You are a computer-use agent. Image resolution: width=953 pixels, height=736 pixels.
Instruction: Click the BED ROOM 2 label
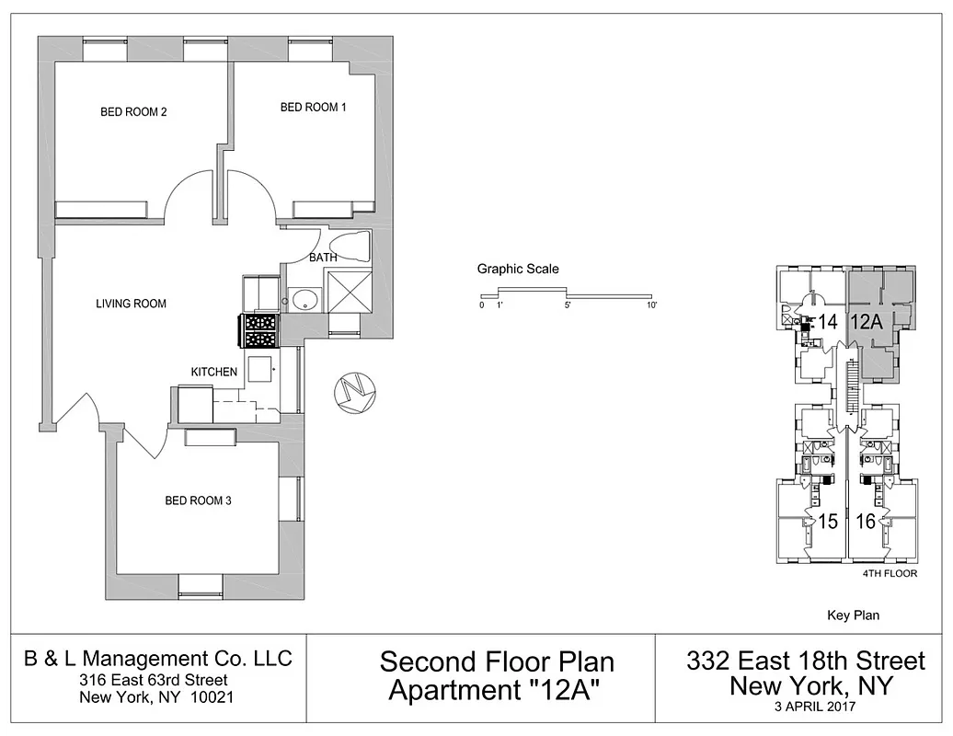133,113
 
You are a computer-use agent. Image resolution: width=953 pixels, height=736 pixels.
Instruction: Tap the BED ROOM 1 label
313,108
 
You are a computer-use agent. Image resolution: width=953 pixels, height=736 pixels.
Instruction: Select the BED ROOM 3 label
198,501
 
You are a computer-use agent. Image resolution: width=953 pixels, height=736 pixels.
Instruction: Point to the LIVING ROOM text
132,304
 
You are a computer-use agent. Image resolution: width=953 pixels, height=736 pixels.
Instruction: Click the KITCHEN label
214,372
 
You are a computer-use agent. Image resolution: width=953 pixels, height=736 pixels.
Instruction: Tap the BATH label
322,258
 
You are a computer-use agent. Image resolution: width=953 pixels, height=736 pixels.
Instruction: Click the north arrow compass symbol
353,393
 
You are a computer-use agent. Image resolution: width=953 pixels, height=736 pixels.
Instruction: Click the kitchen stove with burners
262,330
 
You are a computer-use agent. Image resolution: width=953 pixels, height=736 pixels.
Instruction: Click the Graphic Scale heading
518,270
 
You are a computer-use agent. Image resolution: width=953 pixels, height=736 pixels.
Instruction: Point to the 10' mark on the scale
651,305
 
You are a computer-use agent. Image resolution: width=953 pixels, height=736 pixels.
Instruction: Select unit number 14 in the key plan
828,322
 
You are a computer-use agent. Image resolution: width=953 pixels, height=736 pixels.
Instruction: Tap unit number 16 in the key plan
865,522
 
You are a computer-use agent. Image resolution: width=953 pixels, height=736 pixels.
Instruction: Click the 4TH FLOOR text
890,573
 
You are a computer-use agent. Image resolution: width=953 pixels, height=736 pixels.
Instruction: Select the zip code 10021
212,696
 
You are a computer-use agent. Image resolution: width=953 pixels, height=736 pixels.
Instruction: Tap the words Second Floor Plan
497,661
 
